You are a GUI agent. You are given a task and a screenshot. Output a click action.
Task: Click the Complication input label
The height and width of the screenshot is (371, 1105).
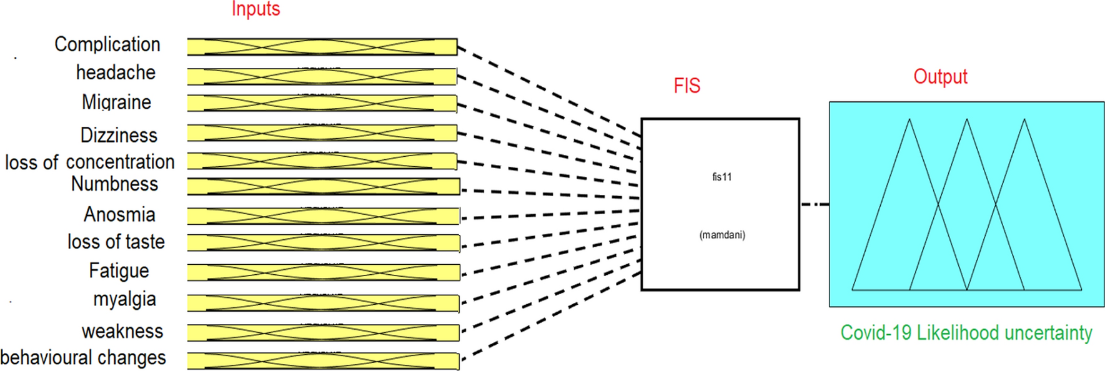click(x=107, y=44)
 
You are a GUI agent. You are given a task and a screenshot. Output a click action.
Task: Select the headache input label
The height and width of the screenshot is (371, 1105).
click(x=116, y=72)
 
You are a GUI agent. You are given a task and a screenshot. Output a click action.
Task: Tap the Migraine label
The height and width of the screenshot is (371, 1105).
click(x=116, y=102)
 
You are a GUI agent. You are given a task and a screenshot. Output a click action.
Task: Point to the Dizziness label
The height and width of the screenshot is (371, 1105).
click(x=119, y=135)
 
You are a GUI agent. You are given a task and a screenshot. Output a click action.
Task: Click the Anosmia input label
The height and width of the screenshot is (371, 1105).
click(x=119, y=214)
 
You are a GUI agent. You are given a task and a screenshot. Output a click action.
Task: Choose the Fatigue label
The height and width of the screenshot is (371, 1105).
click(x=119, y=270)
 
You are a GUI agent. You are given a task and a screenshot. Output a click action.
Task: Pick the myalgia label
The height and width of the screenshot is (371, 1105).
click(x=124, y=299)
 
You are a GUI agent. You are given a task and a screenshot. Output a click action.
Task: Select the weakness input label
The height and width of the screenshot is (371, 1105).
click(x=122, y=331)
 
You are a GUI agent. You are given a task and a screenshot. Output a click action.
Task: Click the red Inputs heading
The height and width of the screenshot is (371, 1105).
click(x=255, y=9)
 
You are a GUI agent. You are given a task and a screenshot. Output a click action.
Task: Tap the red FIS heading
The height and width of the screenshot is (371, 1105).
click(x=686, y=86)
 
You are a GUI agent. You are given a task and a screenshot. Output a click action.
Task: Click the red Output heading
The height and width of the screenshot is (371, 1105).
click(x=940, y=77)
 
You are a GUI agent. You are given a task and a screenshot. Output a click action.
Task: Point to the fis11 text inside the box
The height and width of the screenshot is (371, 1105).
click(x=721, y=177)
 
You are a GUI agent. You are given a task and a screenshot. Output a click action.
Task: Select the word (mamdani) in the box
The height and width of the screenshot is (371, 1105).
click(x=722, y=235)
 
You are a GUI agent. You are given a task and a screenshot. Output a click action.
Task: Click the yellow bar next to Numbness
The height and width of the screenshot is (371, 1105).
click(x=324, y=186)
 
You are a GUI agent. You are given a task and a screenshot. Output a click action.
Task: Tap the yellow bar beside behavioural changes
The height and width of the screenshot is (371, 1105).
click(x=323, y=361)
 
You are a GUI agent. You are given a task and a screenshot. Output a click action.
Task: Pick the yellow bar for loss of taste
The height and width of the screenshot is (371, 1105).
click(x=324, y=243)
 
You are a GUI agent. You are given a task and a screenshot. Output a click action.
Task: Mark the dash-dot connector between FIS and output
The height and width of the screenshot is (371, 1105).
click(x=815, y=204)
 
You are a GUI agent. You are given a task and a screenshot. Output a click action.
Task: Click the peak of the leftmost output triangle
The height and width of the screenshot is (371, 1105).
click(x=909, y=120)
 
